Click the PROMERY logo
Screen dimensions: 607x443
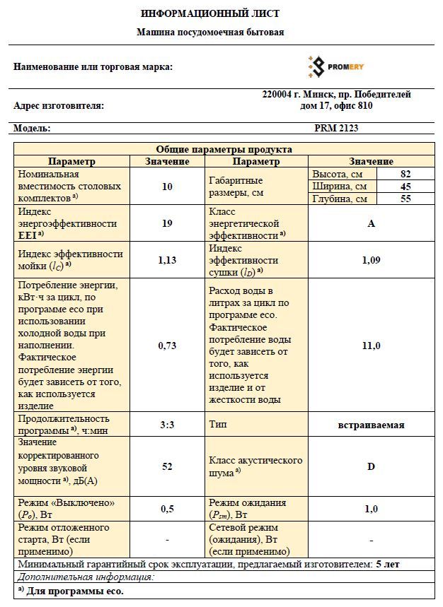click(x=335, y=66)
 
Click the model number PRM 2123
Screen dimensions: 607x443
click(x=336, y=129)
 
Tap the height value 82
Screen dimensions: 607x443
click(x=405, y=174)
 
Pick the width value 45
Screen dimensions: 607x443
click(x=405, y=187)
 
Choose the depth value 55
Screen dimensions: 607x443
click(x=405, y=199)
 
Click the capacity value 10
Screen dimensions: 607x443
click(x=167, y=187)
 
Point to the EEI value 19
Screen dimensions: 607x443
click(x=167, y=223)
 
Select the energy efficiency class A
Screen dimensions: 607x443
click(x=371, y=223)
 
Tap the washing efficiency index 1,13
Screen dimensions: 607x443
click(x=167, y=260)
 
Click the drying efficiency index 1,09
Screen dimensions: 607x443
click(x=371, y=260)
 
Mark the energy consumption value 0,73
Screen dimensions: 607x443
click(x=167, y=346)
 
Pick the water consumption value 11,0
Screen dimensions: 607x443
click(x=371, y=346)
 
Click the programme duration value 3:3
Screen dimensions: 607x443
click(x=167, y=425)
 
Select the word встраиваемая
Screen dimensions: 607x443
click(x=371, y=425)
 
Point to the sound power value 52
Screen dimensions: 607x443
click(x=167, y=466)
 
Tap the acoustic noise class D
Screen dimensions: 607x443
click(x=371, y=466)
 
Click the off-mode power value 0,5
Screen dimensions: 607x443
click(x=167, y=509)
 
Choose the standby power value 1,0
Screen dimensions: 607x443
click(x=371, y=509)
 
